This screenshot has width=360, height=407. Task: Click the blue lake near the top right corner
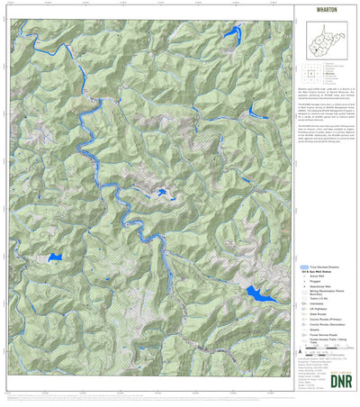(230, 35)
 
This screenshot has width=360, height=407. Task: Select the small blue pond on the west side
(55, 258)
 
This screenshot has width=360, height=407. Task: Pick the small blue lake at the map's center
(161, 192)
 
